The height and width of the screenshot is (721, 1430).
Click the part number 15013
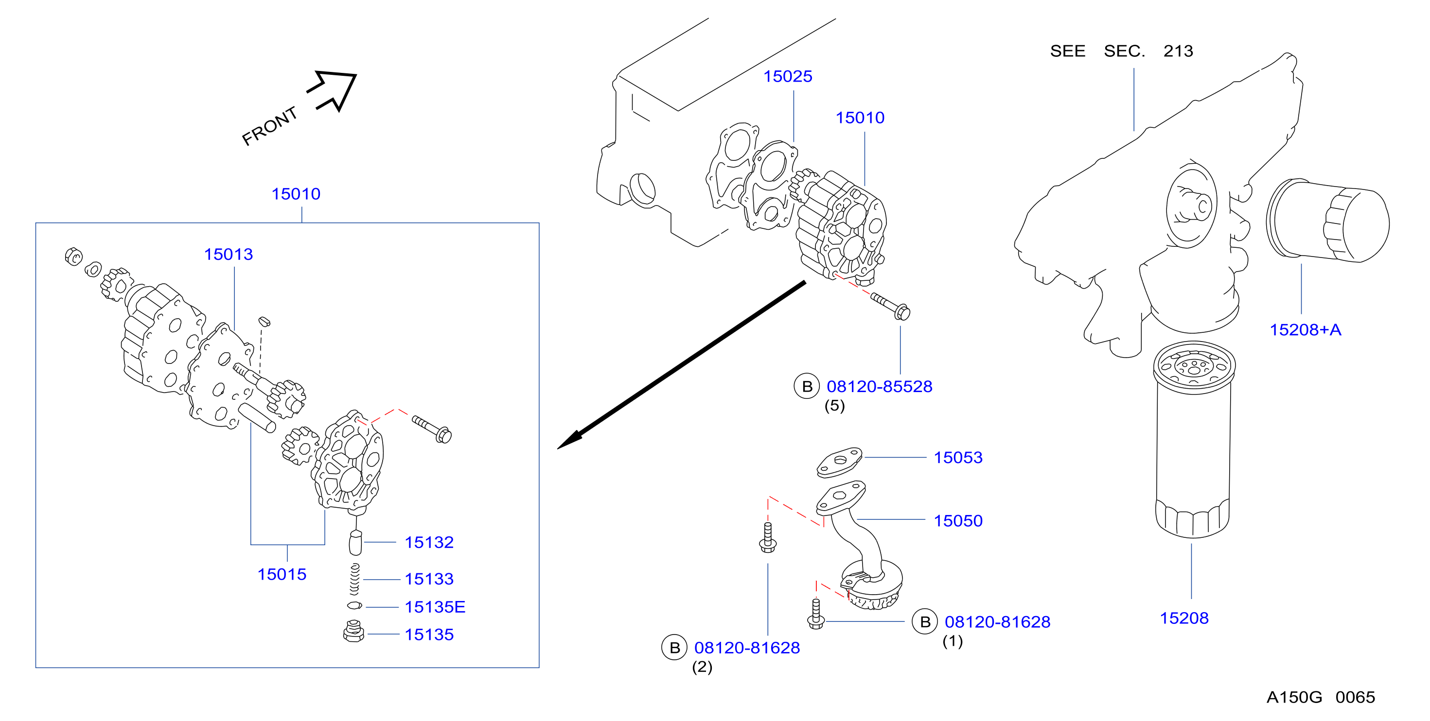pos(228,254)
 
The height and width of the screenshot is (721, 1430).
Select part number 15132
pos(429,542)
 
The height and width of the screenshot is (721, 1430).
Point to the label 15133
pos(429,579)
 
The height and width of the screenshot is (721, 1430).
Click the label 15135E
pos(435,607)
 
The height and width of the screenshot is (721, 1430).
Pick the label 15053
pos(958,457)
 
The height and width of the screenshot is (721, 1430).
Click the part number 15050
pos(958,520)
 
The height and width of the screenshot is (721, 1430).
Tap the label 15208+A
pos(1306,329)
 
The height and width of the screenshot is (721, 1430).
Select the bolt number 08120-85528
pos(879,386)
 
